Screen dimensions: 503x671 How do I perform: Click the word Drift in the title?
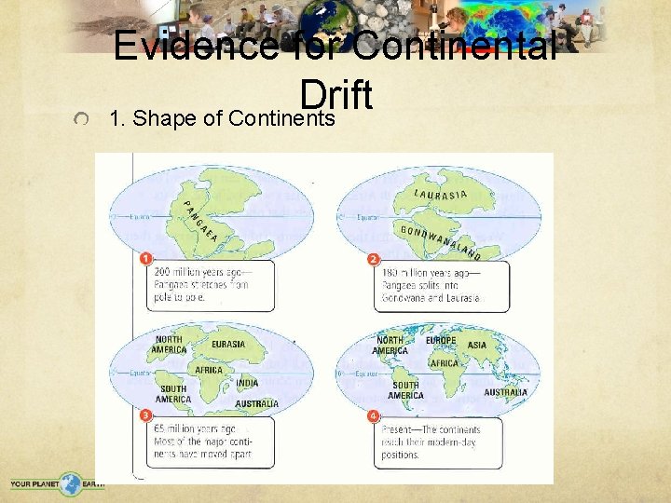click(336, 94)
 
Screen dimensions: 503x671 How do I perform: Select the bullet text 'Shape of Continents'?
click(234, 118)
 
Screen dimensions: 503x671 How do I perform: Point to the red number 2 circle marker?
click(374, 258)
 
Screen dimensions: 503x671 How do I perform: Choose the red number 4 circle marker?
click(374, 415)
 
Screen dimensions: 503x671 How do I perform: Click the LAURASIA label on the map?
click(440, 195)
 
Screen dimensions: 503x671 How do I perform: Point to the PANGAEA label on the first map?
click(199, 221)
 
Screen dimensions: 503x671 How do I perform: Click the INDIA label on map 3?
click(247, 383)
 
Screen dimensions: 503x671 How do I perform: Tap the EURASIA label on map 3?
click(228, 344)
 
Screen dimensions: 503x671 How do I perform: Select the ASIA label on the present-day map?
click(476, 345)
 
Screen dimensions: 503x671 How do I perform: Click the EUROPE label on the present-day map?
click(440, 341)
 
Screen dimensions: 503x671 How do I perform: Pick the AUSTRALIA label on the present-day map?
click(505, 392)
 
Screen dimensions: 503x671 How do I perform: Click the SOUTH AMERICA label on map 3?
click(173, 394)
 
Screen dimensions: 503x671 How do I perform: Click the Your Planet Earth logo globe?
click(72, 483)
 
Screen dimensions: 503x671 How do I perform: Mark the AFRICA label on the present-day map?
click(445, 363)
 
